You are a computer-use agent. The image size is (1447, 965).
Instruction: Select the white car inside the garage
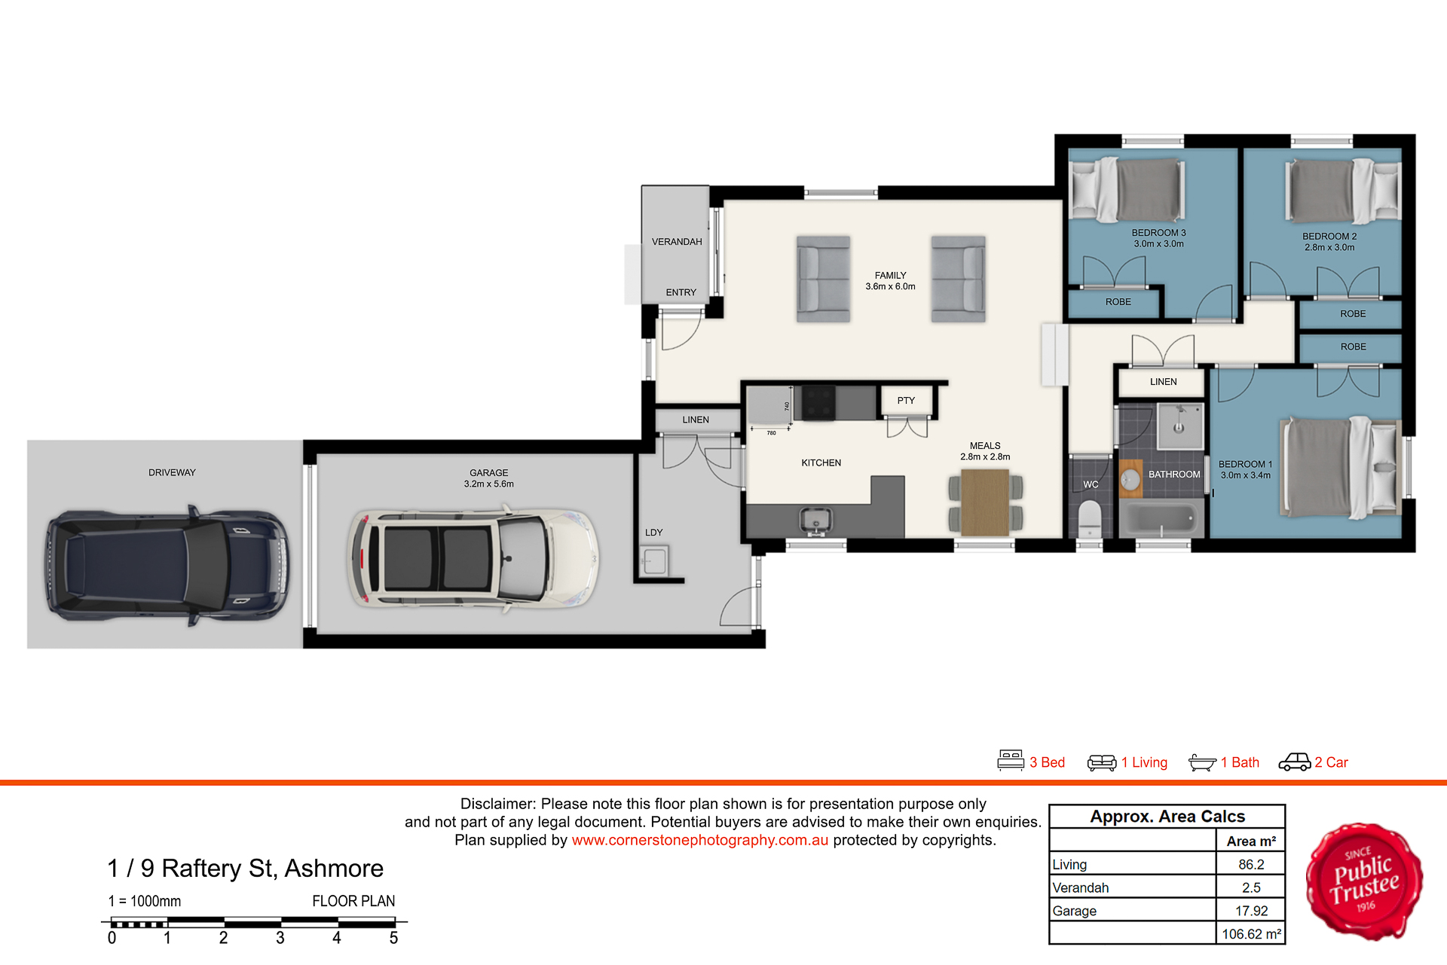pos(473,558)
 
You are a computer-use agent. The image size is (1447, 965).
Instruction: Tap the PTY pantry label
pos(906,401)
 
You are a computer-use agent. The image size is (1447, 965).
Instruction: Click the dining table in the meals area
pos(986,502)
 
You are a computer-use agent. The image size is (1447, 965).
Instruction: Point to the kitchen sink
pos(815,520)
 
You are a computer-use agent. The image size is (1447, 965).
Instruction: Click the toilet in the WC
pos(1090,518)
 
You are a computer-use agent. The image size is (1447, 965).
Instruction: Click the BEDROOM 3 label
pos(1158,233)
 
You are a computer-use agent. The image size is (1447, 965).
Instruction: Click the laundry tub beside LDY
pos(654,561)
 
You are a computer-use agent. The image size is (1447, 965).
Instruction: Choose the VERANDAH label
pos(677,242)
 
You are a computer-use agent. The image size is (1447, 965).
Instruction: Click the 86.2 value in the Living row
pos(1251,865)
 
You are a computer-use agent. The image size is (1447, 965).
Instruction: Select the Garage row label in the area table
pos(1074,912)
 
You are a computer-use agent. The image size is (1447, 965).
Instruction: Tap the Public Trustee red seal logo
pos(1365,881)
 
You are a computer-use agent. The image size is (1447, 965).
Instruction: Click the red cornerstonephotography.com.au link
pos(699,840)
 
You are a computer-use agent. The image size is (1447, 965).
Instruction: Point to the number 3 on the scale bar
pos(280,938)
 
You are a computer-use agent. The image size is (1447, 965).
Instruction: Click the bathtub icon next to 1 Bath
pos(1202,762)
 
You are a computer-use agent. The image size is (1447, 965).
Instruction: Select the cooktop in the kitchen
pos(818,402)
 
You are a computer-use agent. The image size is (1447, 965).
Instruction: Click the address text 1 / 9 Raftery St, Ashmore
pos(246,869)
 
